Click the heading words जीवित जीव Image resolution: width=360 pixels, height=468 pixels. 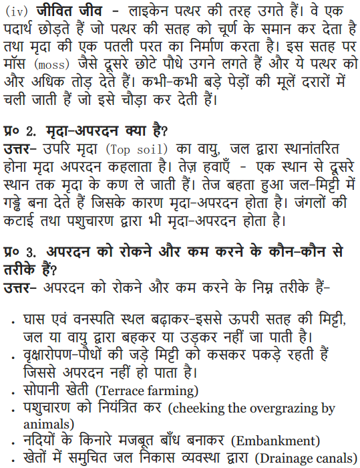(x=62, y=11)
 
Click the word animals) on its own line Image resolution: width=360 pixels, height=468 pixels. (x=48, y=424)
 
